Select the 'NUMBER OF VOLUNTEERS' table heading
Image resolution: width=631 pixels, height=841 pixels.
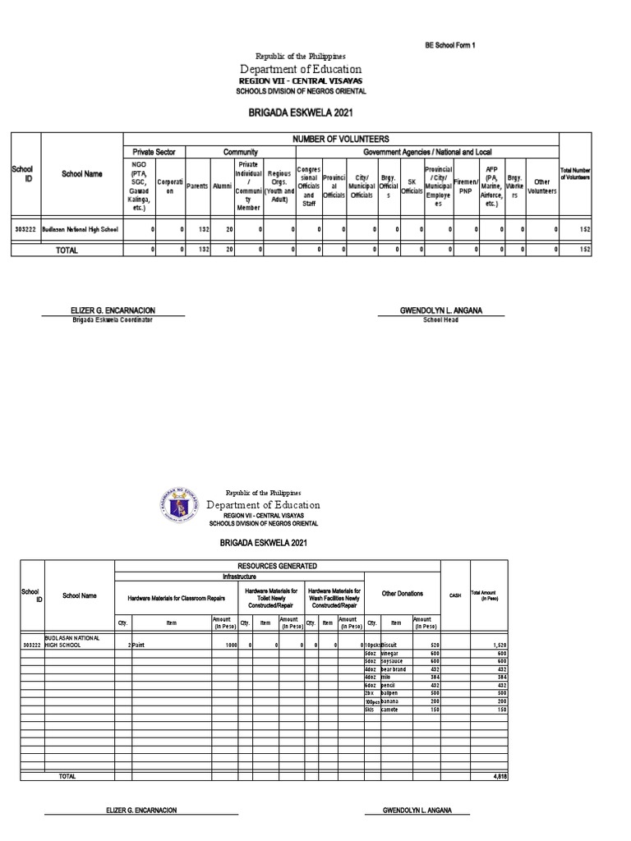pyautogui.click(x=340, y=139)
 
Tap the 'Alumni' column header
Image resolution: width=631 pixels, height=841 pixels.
pyautogui.click(x=222, y=186)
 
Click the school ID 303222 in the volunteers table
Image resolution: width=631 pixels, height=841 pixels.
pyautogui.click(x=25, y=230)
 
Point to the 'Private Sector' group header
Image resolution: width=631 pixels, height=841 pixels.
pyautogui.click(x=154, y=152)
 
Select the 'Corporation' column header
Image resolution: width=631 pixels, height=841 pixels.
pyautogui.click(x=170, y=186)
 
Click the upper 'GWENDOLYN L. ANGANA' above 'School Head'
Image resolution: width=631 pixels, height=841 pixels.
pyautogui.click(x=440, y=310)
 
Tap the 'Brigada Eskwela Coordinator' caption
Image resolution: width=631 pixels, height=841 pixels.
pyautogui.click(x=113, y=319)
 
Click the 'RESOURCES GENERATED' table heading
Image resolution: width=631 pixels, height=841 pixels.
pyautogui.click(x=277, y=567)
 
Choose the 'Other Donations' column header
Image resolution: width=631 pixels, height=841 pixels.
pyautogui.click(x=402, y=593)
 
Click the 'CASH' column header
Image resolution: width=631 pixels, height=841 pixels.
pyautogui.click(x=454, y=596)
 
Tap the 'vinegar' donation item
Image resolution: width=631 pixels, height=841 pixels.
pyautogui.click(x=390, y=653)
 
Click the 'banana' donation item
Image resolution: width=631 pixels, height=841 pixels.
pyautogui.click(x=390, y=701)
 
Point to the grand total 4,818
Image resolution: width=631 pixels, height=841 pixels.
pyautogui.click(x=500, y=776)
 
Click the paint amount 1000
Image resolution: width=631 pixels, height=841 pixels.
pyautogui.click(x=226, y=646)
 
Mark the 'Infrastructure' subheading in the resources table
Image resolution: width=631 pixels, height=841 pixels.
pyautogui.click(x=277, y=576)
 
